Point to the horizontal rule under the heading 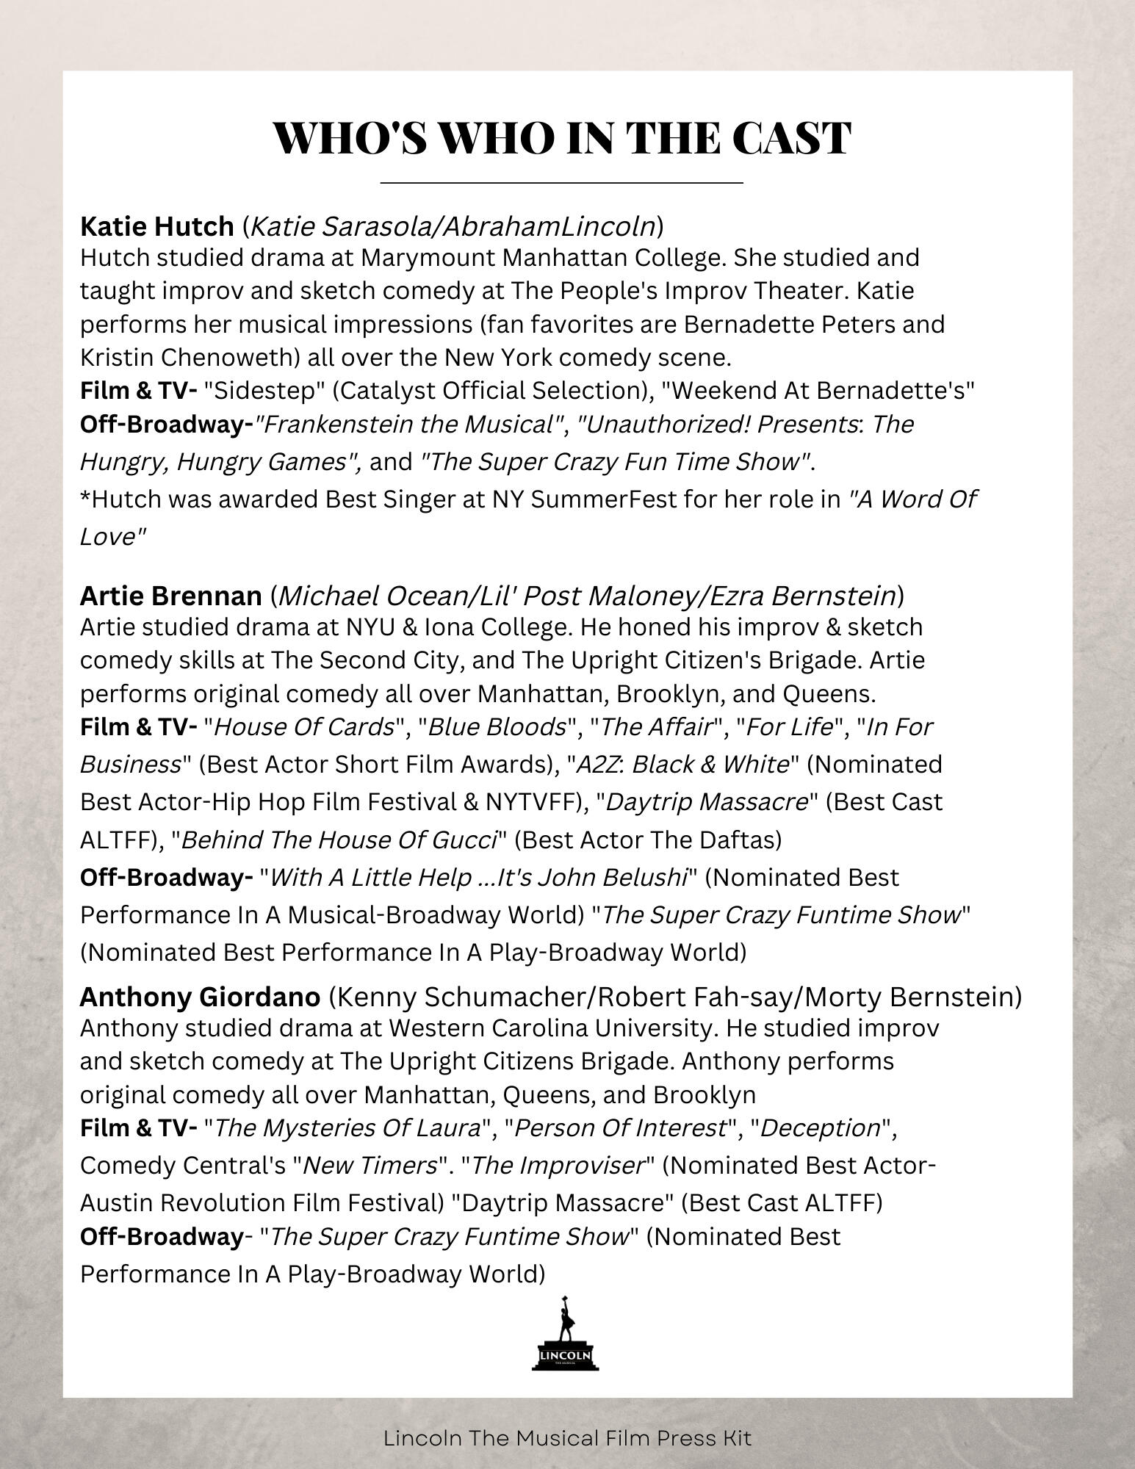[x=562, y=181]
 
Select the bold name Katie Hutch [x=156, y=227]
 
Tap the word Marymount [x=422, y=258]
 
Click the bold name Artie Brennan [x=170, y=596]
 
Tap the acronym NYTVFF [x=530, y=802]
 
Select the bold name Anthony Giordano [x=200, y=997]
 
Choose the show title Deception [x=821, y=1128]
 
